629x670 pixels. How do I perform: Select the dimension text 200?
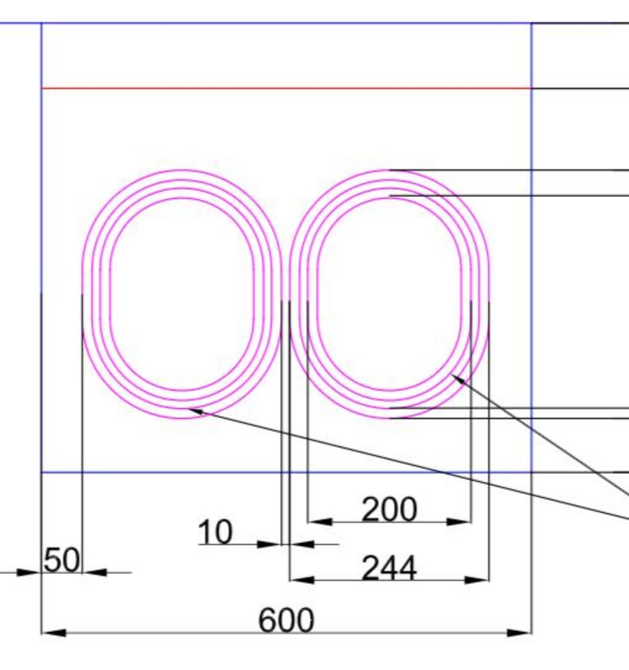tap(389, 510)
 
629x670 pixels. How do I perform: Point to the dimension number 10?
tap(215, 532)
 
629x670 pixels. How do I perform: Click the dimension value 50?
tap(62, 560)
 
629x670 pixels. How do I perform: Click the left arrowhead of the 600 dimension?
tap(53, 633)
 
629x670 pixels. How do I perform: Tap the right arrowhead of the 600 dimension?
tap(519, 633)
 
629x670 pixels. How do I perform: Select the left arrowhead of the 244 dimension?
tap(302, 580)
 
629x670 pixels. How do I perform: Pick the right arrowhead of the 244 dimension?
tap(477, 580)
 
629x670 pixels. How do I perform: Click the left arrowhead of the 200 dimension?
tap(320, 522)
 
